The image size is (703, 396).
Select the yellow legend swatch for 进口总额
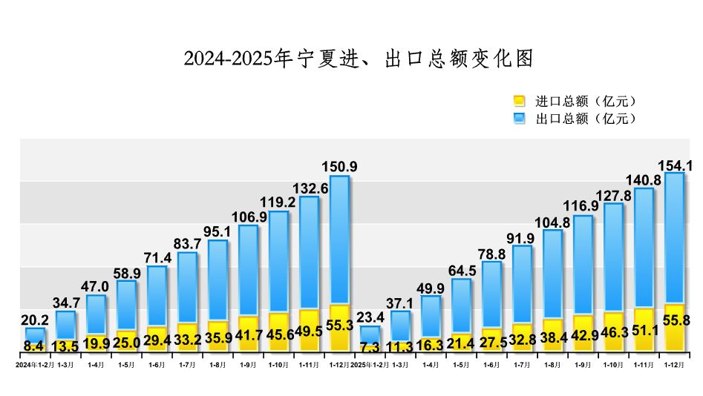pos(520,101)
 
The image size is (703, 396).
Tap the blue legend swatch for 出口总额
pos(520,118)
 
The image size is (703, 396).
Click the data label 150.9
pos(339,167)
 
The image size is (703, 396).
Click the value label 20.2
pos(35,320)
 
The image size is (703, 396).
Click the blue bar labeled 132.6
pos(309,252)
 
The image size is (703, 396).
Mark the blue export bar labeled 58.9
pos(126,304)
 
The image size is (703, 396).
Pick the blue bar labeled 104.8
pos(552,274)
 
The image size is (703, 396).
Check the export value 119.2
pos(278,202)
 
